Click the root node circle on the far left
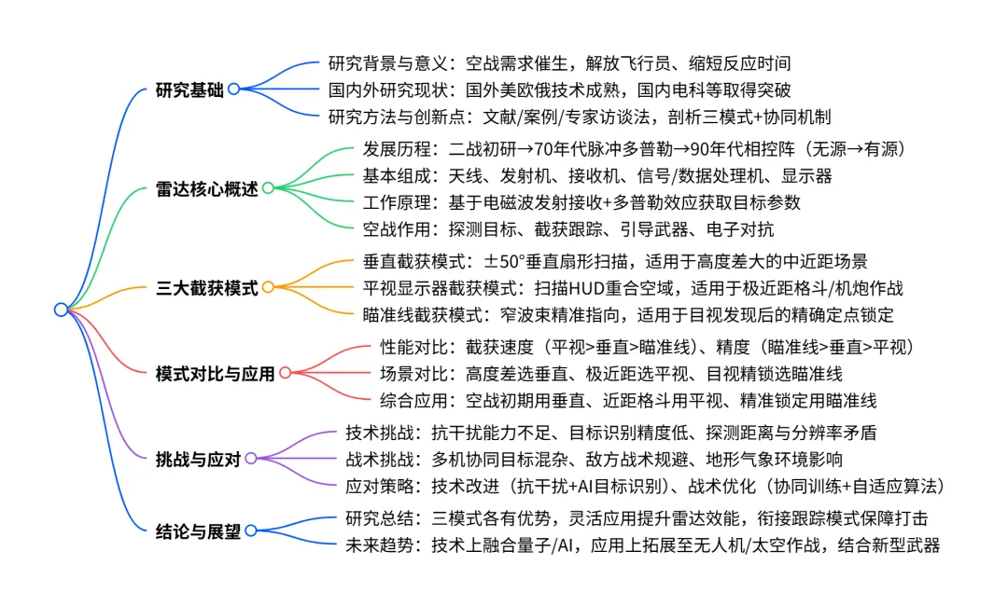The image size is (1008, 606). (61, 310)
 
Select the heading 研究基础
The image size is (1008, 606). (189, 90)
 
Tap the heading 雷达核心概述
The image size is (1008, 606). (206, 188)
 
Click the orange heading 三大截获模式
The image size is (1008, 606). (206, 288)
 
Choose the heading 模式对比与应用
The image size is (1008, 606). (216, 374)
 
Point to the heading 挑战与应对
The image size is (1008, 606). (198, 458)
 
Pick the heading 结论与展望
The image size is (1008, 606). (198, 531)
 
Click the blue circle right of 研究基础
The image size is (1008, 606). (233, 90)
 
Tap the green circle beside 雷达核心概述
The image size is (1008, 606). (268, 188)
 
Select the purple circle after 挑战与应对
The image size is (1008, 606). (250, 458)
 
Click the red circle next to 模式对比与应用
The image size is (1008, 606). (285, 374)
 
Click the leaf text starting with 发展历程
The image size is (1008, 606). (635, 149)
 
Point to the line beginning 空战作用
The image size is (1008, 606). (567, 228)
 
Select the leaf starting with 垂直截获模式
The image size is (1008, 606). (615, 262)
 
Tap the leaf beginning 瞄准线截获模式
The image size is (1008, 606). (627, 314)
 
